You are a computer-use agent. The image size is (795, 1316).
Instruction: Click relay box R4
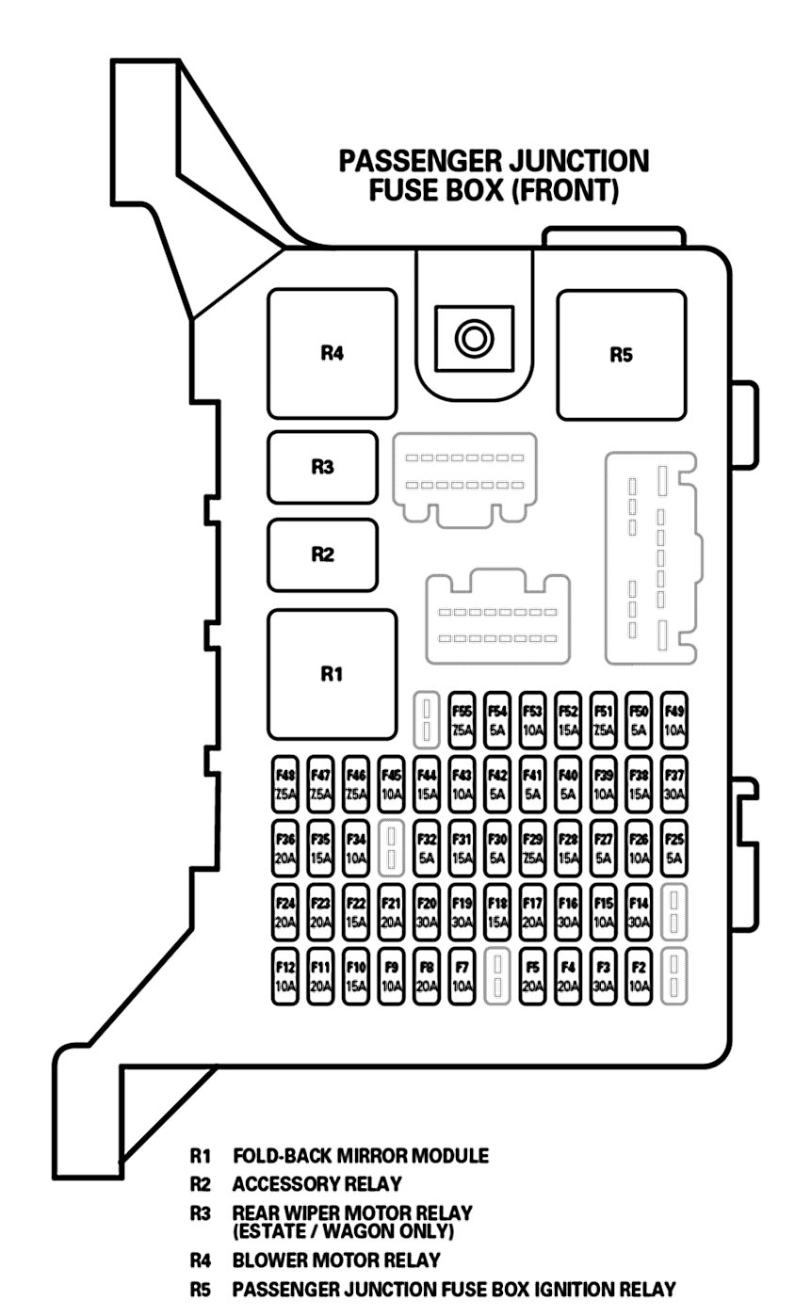coord(331,354)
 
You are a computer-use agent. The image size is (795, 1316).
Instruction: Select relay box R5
coord(621,355)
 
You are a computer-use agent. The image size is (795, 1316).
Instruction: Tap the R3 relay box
coord(322,467)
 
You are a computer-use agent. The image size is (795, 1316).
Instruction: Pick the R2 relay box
coord(322,554)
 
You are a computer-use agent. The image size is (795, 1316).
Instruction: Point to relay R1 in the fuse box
coord(331,673)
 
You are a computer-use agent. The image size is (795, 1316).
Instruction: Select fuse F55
coord(462,719)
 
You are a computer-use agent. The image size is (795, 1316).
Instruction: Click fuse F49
coord(674,719)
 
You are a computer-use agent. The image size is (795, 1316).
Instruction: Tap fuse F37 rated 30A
coord(674,783)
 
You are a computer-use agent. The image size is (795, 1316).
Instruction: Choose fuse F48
coord(285,783)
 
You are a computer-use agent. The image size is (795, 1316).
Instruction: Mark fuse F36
coord(285,847)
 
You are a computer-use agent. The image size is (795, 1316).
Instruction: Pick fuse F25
coord(674,847)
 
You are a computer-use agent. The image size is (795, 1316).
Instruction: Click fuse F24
coord(285,912)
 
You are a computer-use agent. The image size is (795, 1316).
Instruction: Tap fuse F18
coord(497,912)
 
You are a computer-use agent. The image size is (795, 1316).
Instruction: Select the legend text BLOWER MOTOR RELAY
coord(336,1260)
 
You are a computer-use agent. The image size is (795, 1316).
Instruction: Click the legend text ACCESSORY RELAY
coord(316,1183)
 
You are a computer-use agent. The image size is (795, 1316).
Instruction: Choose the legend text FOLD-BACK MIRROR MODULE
coord(361,1155)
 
